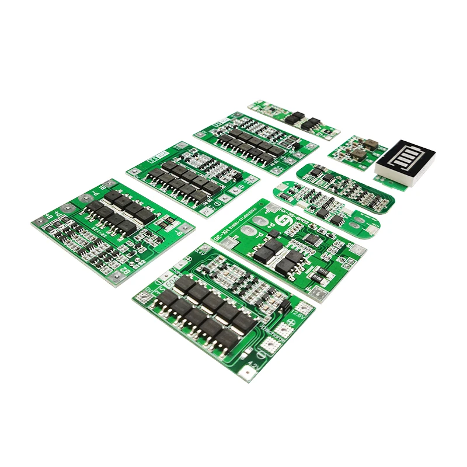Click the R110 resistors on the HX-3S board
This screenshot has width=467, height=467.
click(x=320, y=275)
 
